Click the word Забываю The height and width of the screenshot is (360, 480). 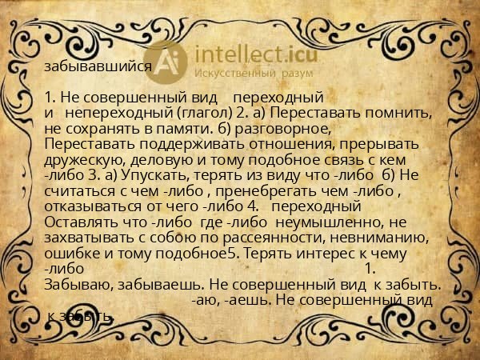click(x=77, y=285)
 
